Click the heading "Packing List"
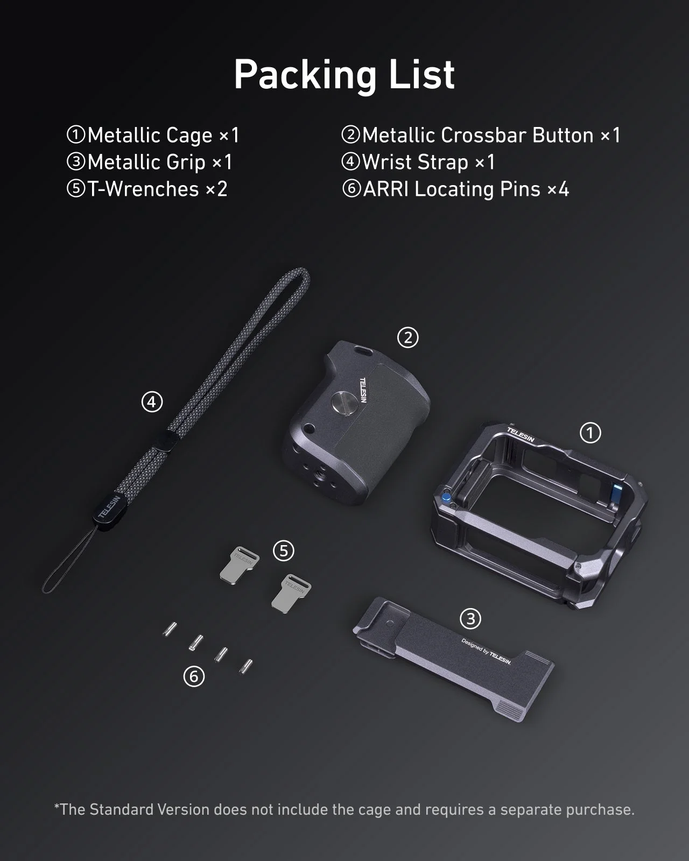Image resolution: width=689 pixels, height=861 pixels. (x=344, y=74)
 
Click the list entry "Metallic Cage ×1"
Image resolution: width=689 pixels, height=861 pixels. (x=153, y=135)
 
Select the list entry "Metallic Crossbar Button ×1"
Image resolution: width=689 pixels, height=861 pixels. (x=481, y=135)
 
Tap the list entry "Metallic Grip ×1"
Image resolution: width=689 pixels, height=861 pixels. (x=149, y=162)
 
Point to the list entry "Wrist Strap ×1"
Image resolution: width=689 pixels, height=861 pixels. (x=418, y=162)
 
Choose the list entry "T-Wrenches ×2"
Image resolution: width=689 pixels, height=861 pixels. (x=147, y=189)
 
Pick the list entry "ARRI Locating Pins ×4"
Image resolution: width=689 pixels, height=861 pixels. (x=455, y=189)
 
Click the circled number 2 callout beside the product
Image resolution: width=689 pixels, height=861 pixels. (x=407, y=337)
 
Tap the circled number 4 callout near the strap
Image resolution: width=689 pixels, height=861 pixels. (x=152, y=401)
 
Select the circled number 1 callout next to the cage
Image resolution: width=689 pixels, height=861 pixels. (x=590, y=433)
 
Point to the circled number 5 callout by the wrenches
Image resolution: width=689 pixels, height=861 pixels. (x=284, y=551)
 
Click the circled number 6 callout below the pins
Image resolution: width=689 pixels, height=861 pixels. (x=194, y=676)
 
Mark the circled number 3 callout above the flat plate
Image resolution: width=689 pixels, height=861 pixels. (x=470, y=619)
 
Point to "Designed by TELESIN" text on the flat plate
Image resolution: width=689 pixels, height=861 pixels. (x=486, y=651)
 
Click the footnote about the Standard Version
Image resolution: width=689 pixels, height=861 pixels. (x=344, y=809)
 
